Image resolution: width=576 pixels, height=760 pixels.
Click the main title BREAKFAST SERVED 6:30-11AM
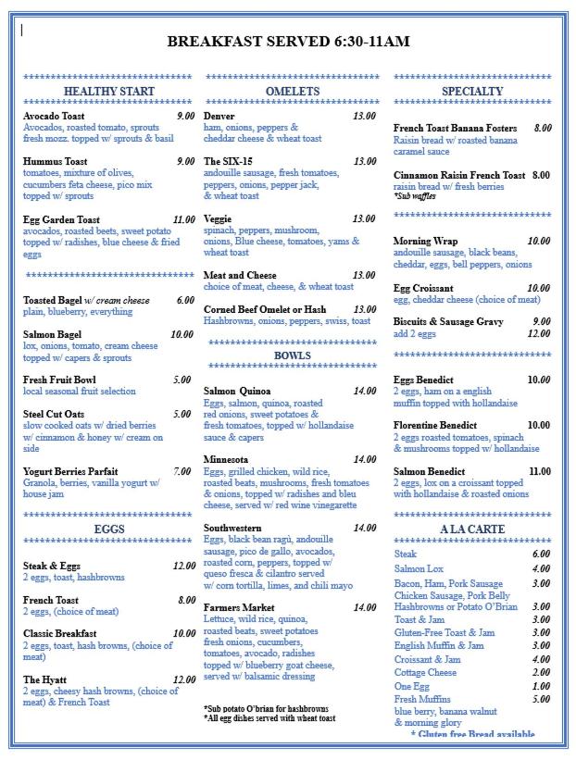[x=288, y=42]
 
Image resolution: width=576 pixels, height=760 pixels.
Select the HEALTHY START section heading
[x=109, y=92]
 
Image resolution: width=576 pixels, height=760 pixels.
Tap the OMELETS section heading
[x=292, y=92]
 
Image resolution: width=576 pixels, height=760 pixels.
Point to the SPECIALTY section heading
[x=472, y=92]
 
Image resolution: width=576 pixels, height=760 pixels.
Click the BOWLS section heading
[x=292, y=355]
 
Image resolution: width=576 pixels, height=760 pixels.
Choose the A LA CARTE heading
[x=472, y=529]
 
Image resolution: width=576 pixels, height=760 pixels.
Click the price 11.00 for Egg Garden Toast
[x=183, y=219]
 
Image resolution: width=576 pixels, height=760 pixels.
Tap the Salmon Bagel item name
[x=53, y=334]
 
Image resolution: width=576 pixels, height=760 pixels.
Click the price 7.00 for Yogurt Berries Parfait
[x=182, y=471]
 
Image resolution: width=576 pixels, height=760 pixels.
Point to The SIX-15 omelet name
[x=228, y=161]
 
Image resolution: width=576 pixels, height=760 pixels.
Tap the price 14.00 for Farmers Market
[x=364, y=607]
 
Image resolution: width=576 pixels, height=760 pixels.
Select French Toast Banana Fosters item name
[x=459, y=129]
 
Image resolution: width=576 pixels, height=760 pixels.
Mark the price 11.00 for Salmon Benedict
[x=539, y=471]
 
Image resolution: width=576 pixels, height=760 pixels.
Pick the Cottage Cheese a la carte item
[x=425, y=673]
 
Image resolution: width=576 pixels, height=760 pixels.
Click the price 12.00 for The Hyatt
[x=183, y=679]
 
